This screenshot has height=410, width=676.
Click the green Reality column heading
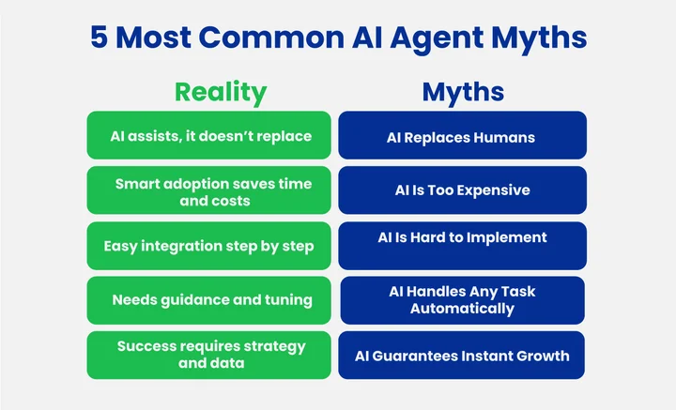(221, 92)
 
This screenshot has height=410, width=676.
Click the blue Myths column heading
(463, 92)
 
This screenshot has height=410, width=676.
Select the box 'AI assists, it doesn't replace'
(208, 136)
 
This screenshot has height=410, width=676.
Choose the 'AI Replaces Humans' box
(462, 136)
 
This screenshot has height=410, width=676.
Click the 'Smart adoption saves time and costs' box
(208, 190)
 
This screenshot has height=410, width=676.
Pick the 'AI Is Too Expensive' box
(462, 190)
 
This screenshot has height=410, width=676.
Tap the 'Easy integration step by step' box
(208, 246)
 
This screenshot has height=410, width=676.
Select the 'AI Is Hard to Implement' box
(462, 246)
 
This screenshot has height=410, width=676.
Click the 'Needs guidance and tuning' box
(208, 300)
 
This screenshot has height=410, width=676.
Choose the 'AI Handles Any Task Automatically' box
(462, 300)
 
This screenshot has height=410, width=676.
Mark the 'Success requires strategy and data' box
(208, 355)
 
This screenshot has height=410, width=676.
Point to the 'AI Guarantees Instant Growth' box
(462, 355)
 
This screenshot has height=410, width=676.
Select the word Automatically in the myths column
(462, 309)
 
